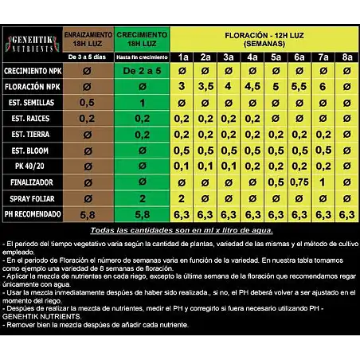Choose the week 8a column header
346,57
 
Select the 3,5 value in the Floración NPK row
205,86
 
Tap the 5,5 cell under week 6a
299,86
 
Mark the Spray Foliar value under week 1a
182,198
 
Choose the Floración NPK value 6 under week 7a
323,86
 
